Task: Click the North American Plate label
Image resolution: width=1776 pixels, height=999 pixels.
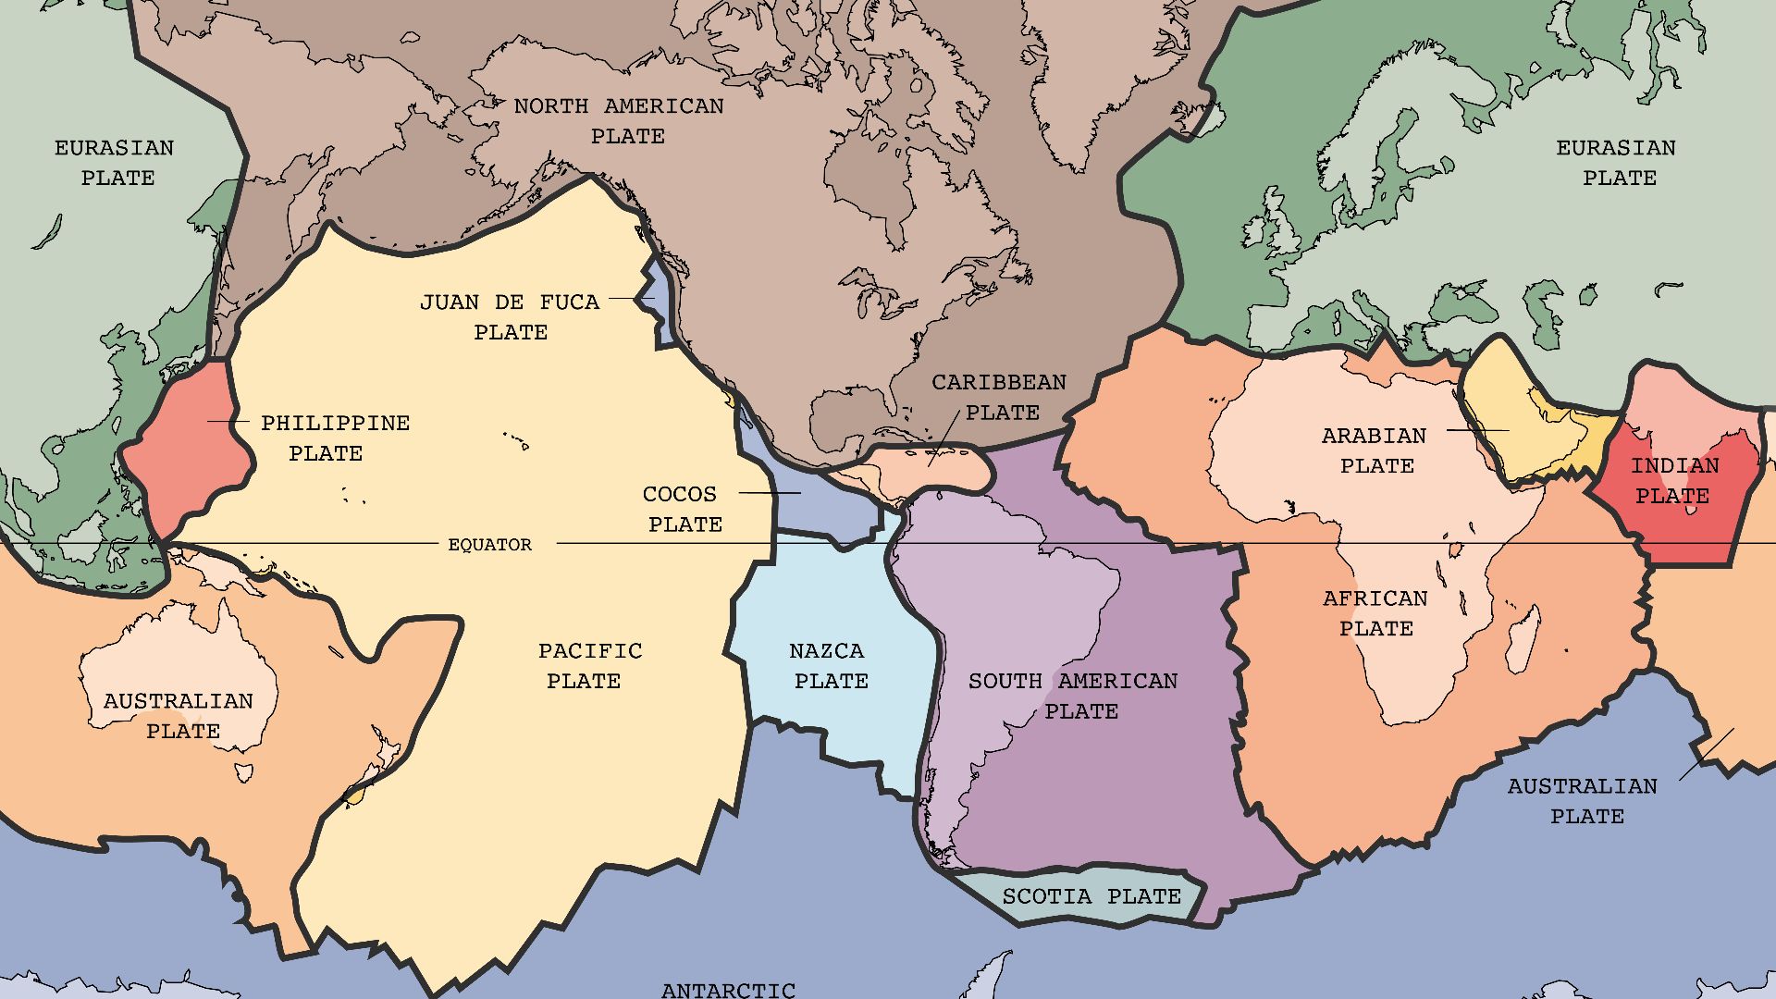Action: click(619, 121)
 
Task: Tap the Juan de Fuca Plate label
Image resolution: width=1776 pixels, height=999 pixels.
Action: click(510, 316)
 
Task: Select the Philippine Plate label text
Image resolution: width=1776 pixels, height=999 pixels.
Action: click(334, 438)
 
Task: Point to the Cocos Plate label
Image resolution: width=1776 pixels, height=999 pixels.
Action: click(681, 509)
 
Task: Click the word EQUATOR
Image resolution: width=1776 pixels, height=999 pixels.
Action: click(489, 545)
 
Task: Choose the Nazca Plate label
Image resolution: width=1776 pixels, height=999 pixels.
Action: click(829, 666)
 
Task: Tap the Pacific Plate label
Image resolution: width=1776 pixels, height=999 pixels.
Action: click(589, 666)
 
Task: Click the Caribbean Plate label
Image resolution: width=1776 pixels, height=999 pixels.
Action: click(999, 397)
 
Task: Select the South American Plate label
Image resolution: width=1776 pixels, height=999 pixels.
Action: click(1073, 696)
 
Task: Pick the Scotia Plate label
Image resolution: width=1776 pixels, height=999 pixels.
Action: click(1091, 896)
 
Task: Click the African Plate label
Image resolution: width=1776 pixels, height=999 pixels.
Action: click(1375, 613)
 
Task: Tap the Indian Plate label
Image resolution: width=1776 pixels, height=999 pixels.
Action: click(1673, 481)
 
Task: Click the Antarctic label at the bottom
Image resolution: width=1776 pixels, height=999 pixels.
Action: click(728, 990)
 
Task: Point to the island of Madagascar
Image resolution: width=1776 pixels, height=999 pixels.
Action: click(1523, 638)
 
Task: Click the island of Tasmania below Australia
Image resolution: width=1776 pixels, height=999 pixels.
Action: click(244, 771)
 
